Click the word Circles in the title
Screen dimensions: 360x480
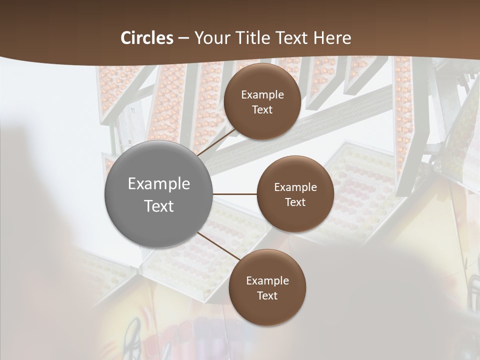click(147, 38)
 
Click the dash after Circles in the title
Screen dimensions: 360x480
click(183, 38)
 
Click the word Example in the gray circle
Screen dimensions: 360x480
click(159, 183)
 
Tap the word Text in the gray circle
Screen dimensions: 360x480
click(159, 206)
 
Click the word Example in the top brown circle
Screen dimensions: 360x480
click(262, 94)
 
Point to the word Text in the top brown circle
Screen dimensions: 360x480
click(262, 109)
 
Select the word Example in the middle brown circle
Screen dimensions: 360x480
click(295, 187)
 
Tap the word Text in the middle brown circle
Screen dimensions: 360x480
click(295, 202)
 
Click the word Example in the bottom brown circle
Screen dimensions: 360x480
click(267, 280)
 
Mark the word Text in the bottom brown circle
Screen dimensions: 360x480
click(267, 295)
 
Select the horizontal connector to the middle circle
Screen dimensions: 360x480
click(234, 194)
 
